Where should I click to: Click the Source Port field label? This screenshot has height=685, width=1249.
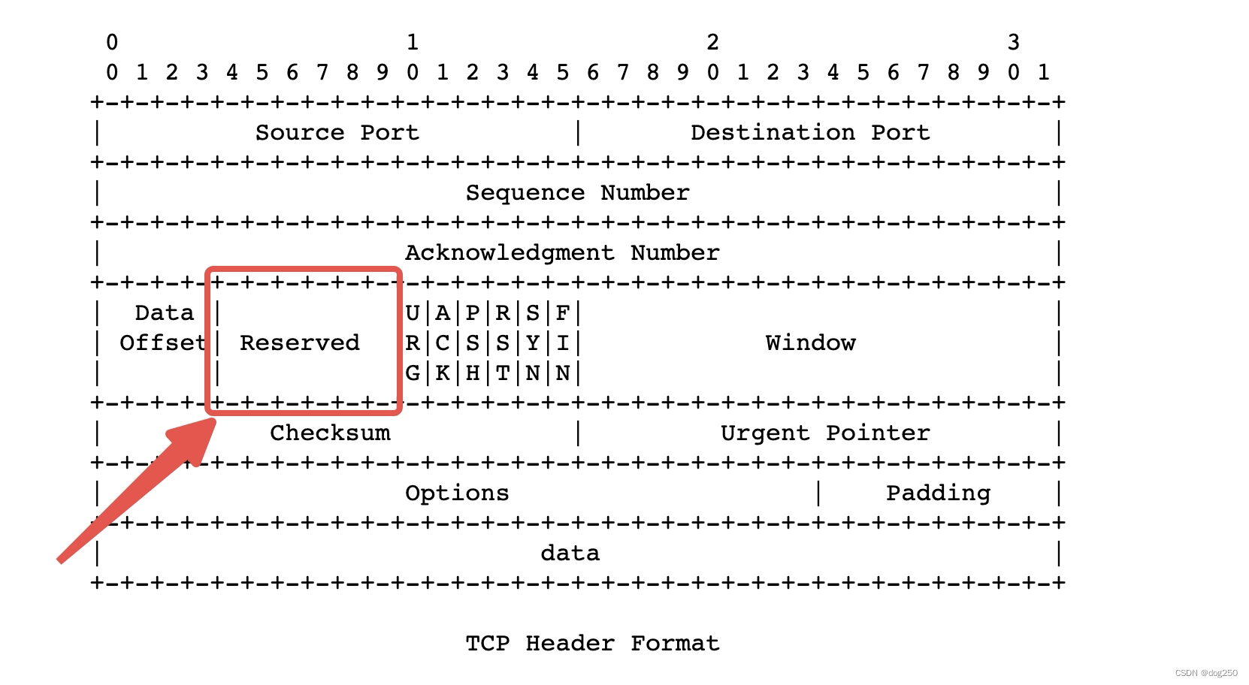(x=337, y=133)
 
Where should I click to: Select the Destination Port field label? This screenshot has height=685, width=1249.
(x=810, y=133)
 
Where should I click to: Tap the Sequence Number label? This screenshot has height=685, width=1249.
(x=577, y=193)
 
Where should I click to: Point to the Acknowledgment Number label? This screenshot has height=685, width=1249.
(x=562, y=253)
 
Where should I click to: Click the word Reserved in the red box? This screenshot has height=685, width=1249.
(x=300, y=343)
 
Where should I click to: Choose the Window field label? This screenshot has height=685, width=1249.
(x=810, y=343)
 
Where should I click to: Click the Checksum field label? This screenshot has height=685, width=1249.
(x=330, y=433)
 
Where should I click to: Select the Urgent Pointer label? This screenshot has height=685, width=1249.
(x=825, y=433)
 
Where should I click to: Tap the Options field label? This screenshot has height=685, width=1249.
(x=457, y=493)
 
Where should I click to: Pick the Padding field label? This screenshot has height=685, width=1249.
(x=938, y=493)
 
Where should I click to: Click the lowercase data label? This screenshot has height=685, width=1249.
(x=570, y=554)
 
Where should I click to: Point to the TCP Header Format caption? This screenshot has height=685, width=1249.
(x=592, y=644)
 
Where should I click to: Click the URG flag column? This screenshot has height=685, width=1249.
(x=413, y=343)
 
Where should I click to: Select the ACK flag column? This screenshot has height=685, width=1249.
(x=443, y=343)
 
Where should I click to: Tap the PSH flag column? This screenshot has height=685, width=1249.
(x=473, y=343)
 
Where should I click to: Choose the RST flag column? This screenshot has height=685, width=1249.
(x=503, y=343)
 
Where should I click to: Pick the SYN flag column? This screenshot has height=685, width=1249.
(x=533, y=343)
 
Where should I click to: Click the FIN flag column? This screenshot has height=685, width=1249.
(x=563, y=343)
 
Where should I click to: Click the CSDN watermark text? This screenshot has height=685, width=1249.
(x=1205, y=673)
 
